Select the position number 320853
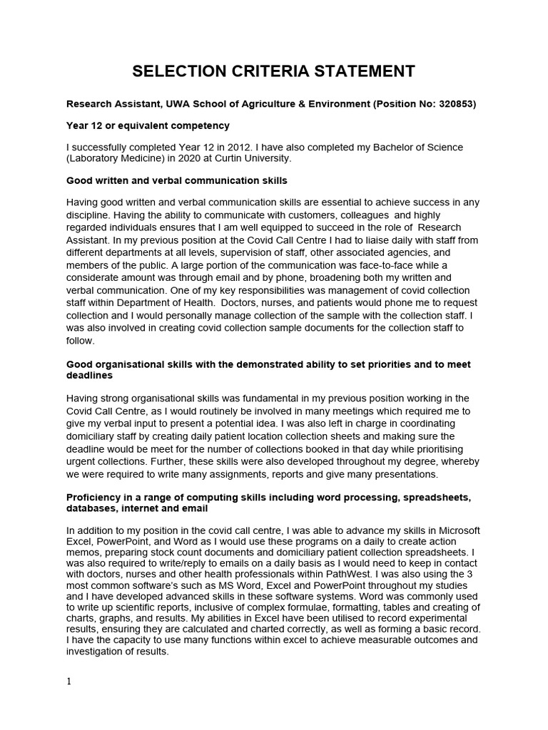pyautogui.click(x=452, y=104)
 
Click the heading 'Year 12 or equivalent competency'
pyautogui.click(x=148, y=125)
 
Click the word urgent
pyautogui.click(x=83, y=461)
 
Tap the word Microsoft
pyautogui.click(x=457, y=530)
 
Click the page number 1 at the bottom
pyautogui.click(x=69, y=682)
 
